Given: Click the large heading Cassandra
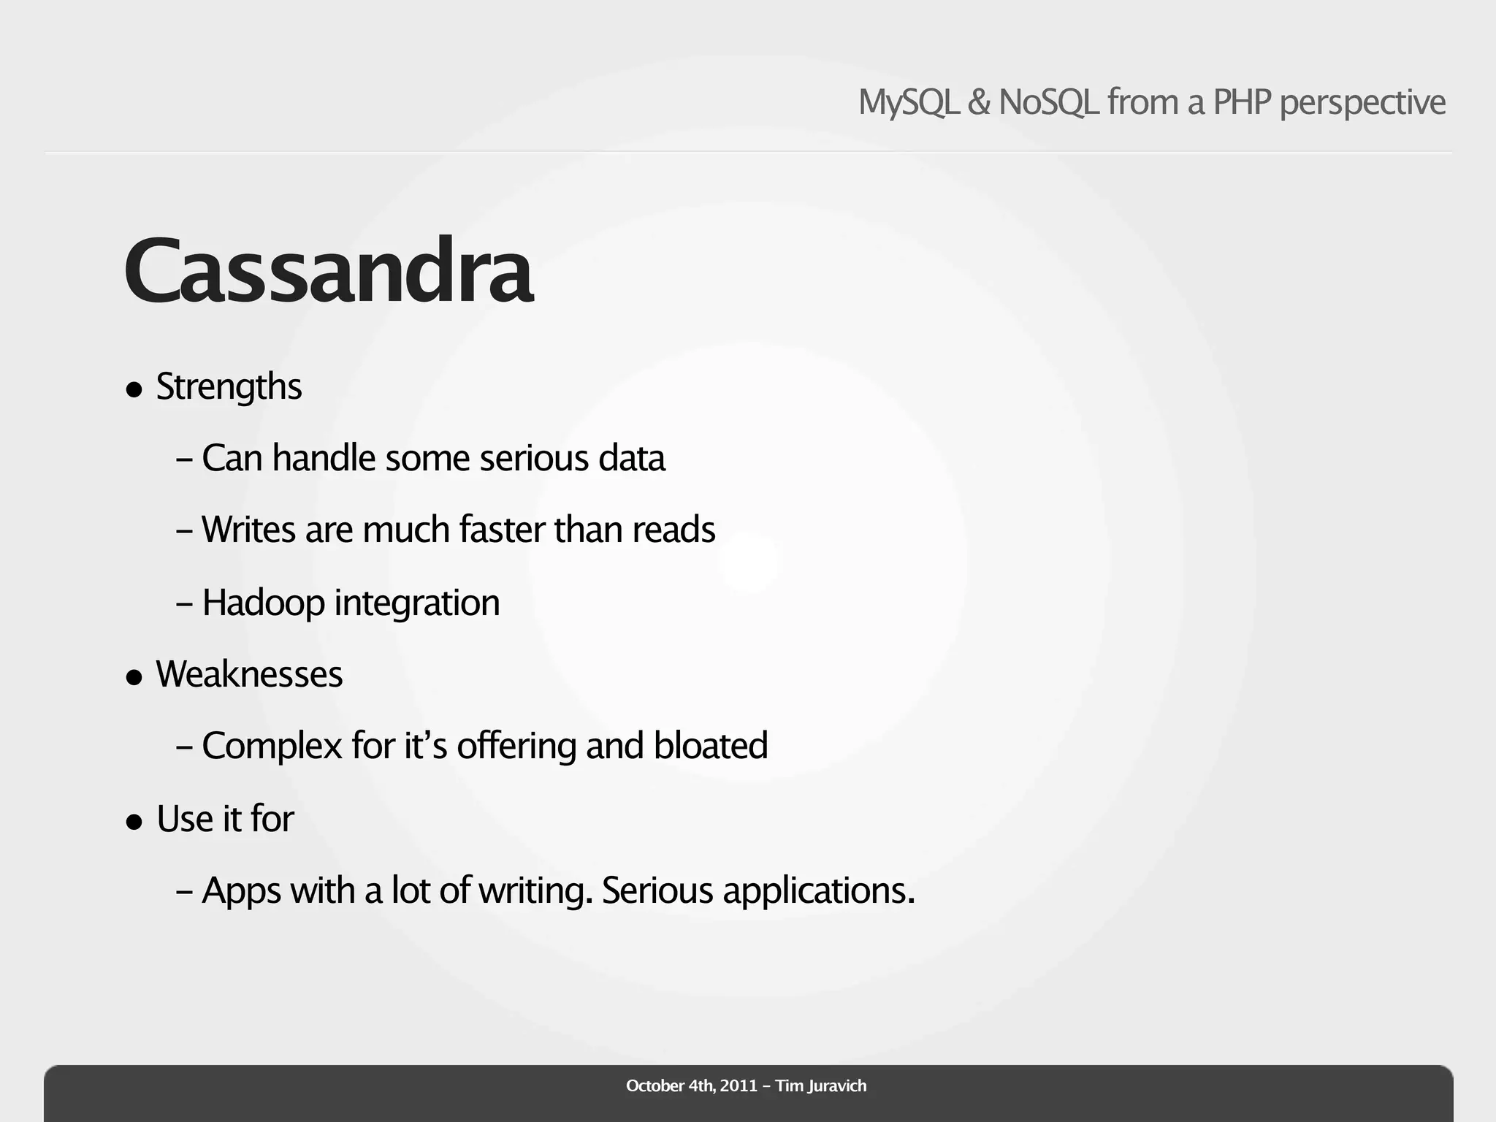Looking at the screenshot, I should pyautogui.click(x=329, y=272).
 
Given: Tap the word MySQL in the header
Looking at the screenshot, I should pyautogui.click(x=908, y=102).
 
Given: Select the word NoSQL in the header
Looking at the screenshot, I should pyautogui.click(x=1048, y=102).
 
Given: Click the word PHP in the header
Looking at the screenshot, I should pyautogui.click(x=1243, y=102).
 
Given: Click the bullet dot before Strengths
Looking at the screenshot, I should pyautogui.click(x=134, y=389).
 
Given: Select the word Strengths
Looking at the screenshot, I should pyautogui.click(x=229, y=387).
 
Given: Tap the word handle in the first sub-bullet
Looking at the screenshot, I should pyautogui.click(x=324, y=459).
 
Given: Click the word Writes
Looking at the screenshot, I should pyautogui.click(x=248, y=530).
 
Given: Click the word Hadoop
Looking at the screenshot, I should pyautogui.click(x=263, y=603).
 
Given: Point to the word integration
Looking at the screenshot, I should pyautogui.click(x=417, y=603).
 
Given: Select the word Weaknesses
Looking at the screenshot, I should pyautogui.click(x=249, y=674).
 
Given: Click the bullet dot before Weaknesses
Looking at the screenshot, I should pyautogui.click(x=134, y=677).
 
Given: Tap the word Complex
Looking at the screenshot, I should pyautogui.click(x=272, y=747).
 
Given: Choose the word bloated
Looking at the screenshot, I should pyautogui.click(x=711, y=746).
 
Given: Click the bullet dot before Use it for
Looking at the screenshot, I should pyautogui.click(x=134, y=822).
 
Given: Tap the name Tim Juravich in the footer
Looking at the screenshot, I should pyautogui.click(x=821, y=1086).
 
